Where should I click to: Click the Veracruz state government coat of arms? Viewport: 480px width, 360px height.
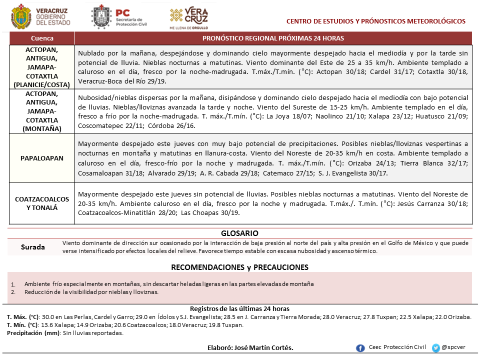(20, 16)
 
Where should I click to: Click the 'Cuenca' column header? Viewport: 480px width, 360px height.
(42, 38)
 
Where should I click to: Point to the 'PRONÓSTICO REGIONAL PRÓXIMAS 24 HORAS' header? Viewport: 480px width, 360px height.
(273, 38)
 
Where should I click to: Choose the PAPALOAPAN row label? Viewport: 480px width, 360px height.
(42, 158)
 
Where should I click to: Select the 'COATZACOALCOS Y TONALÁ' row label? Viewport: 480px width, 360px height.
(42, 203)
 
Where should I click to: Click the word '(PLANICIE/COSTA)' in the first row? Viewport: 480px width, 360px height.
(42, 84)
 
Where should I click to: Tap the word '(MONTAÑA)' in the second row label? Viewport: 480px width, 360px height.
(42, 128)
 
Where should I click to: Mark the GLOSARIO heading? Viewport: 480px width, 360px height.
(239, 233)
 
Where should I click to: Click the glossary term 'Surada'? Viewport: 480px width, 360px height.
(33, 247)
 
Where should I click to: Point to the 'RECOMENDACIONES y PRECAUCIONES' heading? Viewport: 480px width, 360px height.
(239, 267)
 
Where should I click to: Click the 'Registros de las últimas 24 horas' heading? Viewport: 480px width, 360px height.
(239, 308)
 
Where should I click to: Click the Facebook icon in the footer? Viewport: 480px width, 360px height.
(360, 348)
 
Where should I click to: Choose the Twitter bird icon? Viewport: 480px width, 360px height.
(436, 347)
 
